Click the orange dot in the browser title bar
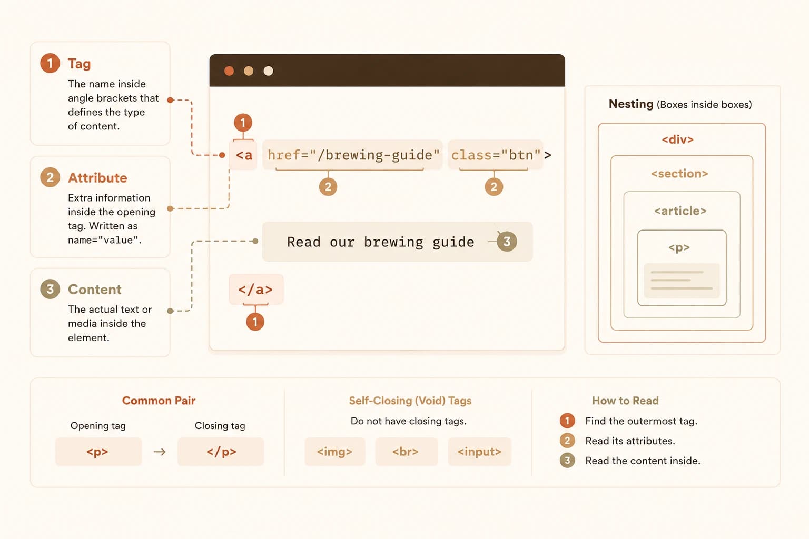(229, 71)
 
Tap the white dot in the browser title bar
(268, 71)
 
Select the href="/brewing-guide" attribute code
(353, 155)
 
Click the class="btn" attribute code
(496, 155)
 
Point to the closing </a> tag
(255, 290)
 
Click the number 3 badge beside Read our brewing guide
(507, 242)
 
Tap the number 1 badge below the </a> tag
(255, 322)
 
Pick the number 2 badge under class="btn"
(494, 187)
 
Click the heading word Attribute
(97, 178)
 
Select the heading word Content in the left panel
(95, 290)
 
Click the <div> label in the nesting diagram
(677, 139)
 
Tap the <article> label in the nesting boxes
(680, 211)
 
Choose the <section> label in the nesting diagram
(680, 174)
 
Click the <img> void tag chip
(335, 452)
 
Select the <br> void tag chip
(406, 452)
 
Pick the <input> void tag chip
(480, 452)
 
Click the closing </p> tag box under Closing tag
(221, 452)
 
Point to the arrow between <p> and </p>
(160, 452)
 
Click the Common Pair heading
(159, 401)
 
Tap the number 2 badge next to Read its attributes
(567, 441)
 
